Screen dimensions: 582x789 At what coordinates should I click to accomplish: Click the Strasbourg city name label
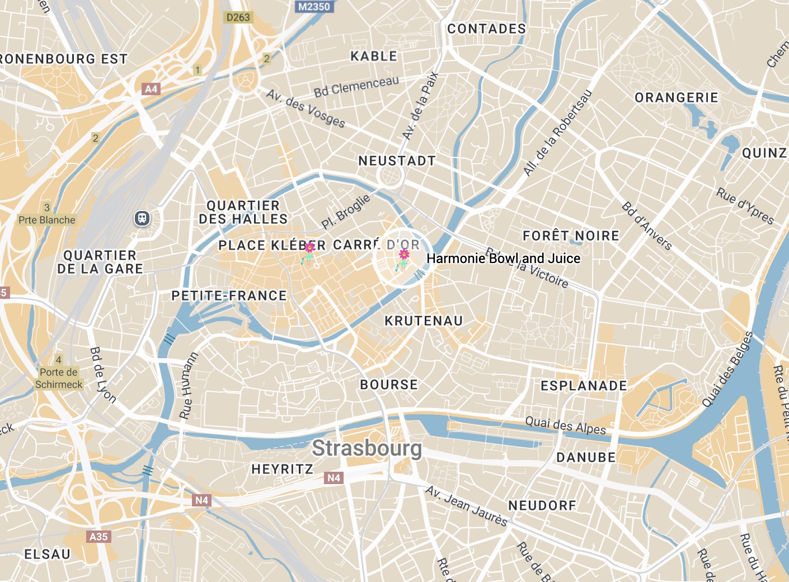tap(367, 448)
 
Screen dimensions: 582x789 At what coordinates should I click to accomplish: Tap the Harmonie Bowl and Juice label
tap(503, 259)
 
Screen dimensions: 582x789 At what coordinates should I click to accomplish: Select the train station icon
tap(143, 218)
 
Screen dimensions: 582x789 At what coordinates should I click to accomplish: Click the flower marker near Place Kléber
tap(308, 252)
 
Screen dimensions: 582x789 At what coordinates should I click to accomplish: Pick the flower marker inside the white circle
tap(403, 260)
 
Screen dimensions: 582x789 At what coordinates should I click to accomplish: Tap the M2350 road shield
tap(314, 7)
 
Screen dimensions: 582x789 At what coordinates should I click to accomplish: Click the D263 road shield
tap(238, 17)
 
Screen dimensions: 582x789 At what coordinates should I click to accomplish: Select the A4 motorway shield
tap(151, 89)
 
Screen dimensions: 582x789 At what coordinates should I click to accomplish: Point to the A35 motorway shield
tap(98, 537)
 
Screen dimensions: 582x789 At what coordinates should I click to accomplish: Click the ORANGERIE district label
tap(676, 98)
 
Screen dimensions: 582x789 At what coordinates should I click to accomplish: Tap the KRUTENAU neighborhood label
tap(424, 321)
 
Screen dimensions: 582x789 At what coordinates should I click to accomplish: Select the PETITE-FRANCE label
tap(229, 295)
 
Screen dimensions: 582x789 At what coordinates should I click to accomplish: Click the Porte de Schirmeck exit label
tap(59, 378)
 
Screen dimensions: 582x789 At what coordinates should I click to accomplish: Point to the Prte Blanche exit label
tap(47, 220)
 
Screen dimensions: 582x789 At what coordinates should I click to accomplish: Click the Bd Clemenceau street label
tap(356, 86)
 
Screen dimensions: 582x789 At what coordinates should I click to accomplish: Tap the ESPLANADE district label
tap(584, 386)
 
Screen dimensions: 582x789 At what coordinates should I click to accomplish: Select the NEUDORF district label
tap(542, 505)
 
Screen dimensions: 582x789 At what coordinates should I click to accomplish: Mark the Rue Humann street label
tap(188, 386)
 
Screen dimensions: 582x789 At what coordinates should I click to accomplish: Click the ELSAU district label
tap(48, 554)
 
